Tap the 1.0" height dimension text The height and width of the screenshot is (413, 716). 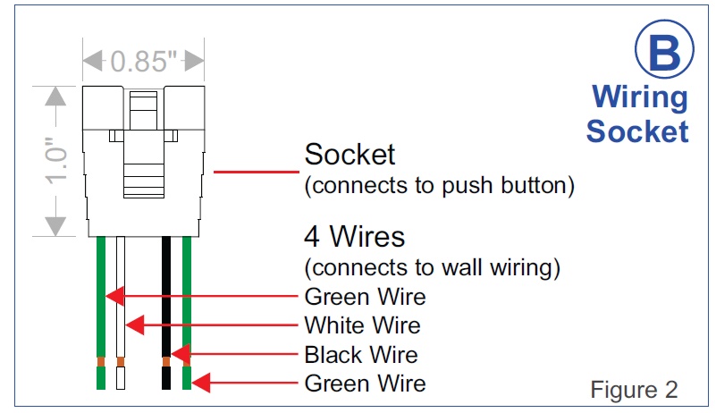(x=55, y=162)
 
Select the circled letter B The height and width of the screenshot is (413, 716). (x=663, y=52)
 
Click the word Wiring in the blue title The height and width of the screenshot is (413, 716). (x=640, y=97)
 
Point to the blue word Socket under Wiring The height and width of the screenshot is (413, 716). (x=637, y=131)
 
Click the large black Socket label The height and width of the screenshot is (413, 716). (x=350, y=155)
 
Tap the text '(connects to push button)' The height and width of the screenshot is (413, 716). (x=438, y=186)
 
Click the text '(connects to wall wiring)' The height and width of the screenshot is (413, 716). (x=433, y=266)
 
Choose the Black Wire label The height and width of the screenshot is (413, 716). (x=361, y=354)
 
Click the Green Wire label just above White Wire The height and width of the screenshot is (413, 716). (x=365, y=295)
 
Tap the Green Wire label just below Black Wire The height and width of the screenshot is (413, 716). (x=365, y=383)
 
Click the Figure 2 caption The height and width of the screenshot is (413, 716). (x=634, y=390)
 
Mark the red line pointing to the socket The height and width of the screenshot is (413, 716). (x=254, y=170)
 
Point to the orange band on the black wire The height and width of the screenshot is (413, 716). (x=166, y=362)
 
